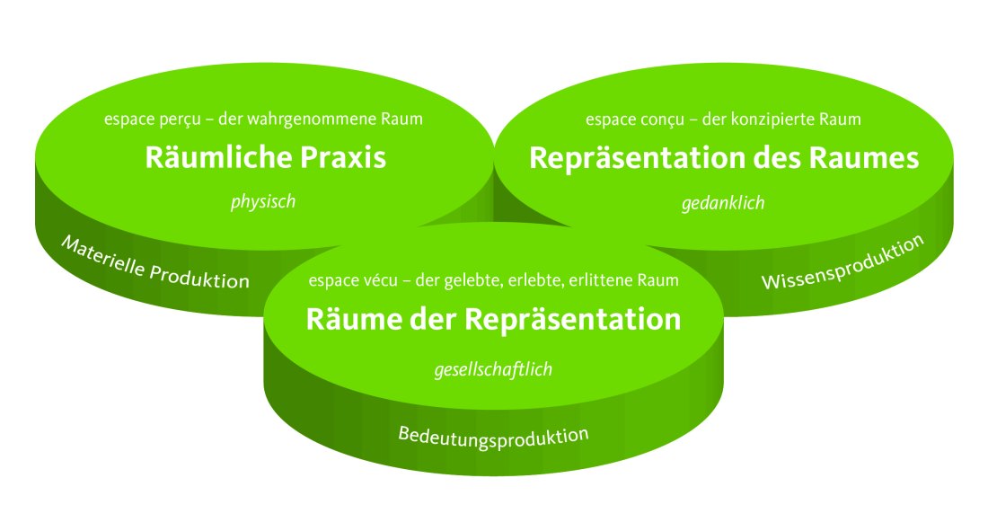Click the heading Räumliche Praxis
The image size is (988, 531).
[265, 159]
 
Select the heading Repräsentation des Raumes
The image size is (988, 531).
[724, 159]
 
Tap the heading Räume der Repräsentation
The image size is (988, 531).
[493, 319]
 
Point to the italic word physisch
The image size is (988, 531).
[263, 202]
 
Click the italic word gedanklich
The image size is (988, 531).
[723, 203]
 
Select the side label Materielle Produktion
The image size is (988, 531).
[154, 263]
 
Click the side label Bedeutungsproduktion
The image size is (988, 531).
[493, 437]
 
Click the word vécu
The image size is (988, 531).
[380, 280]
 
